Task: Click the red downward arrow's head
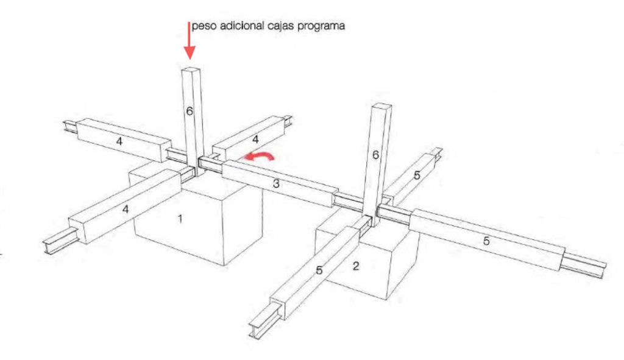pos(190,52)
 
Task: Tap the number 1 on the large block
pos(180,219)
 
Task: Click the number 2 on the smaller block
pos(356,266)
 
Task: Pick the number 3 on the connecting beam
pos(276,184)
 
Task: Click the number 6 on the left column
pos(190,111)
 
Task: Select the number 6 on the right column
pos(375,155)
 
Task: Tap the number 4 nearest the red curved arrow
pos(255,139)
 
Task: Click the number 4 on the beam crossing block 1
pos(126,209)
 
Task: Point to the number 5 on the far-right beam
pos(486,241)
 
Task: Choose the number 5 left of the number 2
pos(319,270)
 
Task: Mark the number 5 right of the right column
pos(417,175)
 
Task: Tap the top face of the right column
pos(381,106)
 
